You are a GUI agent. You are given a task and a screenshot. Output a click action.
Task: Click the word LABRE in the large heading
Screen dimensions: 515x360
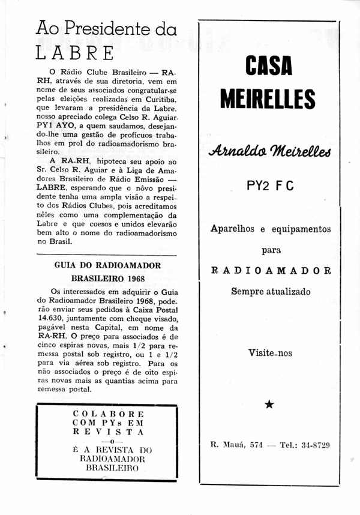point(75,53)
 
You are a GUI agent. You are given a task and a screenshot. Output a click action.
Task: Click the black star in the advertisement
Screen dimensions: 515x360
point(269,405)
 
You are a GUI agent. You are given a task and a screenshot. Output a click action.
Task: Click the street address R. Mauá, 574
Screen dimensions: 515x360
point(236,445)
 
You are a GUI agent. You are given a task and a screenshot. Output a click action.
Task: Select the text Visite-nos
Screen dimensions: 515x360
point(271,353)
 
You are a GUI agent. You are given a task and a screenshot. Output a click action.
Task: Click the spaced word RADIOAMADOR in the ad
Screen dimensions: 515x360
point(271,271)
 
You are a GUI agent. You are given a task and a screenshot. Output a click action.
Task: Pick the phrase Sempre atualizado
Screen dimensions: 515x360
point(271,292)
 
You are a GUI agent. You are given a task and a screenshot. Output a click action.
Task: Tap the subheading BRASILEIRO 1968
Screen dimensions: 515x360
point(107,279)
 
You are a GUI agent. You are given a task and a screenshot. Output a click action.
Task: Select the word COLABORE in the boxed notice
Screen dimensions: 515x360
point(108,414)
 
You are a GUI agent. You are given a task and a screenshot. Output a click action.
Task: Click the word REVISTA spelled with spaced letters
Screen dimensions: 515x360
point(108,431)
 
